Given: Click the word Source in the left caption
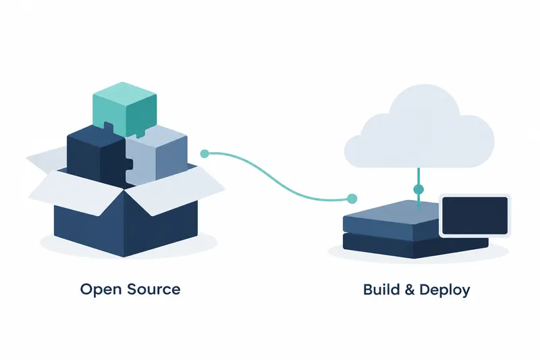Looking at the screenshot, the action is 154,289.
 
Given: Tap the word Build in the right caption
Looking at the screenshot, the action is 381,289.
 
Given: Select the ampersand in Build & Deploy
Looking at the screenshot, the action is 410,290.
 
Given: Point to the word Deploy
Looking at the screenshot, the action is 445,290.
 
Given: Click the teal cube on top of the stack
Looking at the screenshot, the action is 125,109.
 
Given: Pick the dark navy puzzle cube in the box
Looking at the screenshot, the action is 98,155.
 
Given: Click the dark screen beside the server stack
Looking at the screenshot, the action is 475,215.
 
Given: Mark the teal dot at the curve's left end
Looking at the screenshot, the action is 205,153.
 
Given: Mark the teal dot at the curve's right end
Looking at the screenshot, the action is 352,199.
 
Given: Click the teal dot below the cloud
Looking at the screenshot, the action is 418,189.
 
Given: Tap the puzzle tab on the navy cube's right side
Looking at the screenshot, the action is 130,164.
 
